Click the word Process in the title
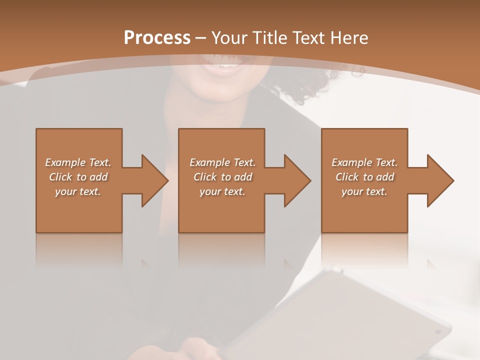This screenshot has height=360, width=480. coord(157,38)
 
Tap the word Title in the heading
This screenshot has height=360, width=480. coord(268,38)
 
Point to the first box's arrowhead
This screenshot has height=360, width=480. coord(152,180)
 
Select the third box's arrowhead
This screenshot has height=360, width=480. coord(438,180)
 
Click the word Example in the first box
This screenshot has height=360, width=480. coord(65,162)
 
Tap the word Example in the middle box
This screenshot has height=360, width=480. coord(209,162)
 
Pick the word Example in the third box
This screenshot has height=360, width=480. coord(351,162)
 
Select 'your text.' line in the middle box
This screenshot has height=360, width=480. coord(222,191)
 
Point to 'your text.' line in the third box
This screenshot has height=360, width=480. coord(364,191)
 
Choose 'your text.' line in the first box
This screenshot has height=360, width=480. coord(78,191)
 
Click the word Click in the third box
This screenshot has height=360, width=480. coord(347,177)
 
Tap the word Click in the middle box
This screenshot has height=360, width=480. coord(205,177)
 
